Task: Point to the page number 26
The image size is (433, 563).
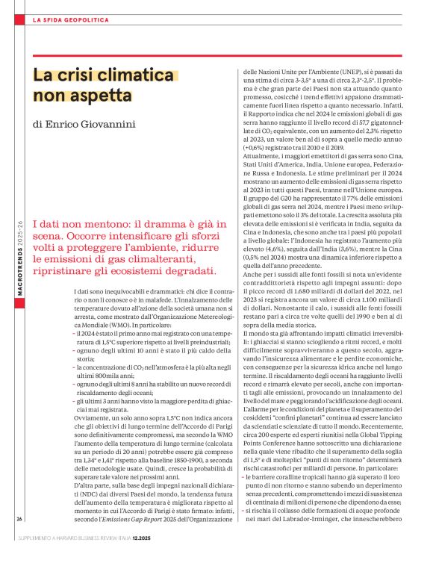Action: pos(18,518)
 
